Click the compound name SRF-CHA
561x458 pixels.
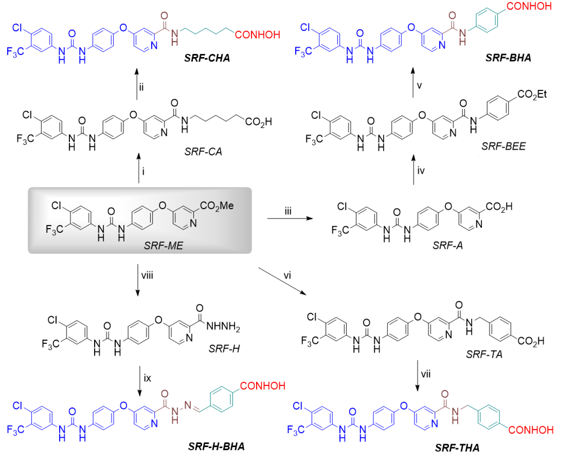(207, 58)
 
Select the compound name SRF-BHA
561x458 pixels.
(508, 58)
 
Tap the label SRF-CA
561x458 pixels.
(203, 152)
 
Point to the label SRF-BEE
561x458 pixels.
(503, 146)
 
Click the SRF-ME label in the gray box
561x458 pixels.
(163, 246)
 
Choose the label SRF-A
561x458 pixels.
(448, 245)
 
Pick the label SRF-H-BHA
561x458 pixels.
(216, 446)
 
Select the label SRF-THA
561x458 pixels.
(457, 448)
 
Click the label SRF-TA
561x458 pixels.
(484, 354)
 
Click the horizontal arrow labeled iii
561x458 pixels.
(290, 218)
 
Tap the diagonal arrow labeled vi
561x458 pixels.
(282, 281)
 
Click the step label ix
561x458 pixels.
(147, 378)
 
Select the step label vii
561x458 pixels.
(426, 374)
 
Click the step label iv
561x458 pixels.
(421, 170)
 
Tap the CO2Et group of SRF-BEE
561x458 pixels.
(532, 95)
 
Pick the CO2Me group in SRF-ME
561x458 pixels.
(217, 206)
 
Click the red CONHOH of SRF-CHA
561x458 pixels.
(257, 35)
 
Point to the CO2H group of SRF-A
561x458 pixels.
(499, 207)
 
